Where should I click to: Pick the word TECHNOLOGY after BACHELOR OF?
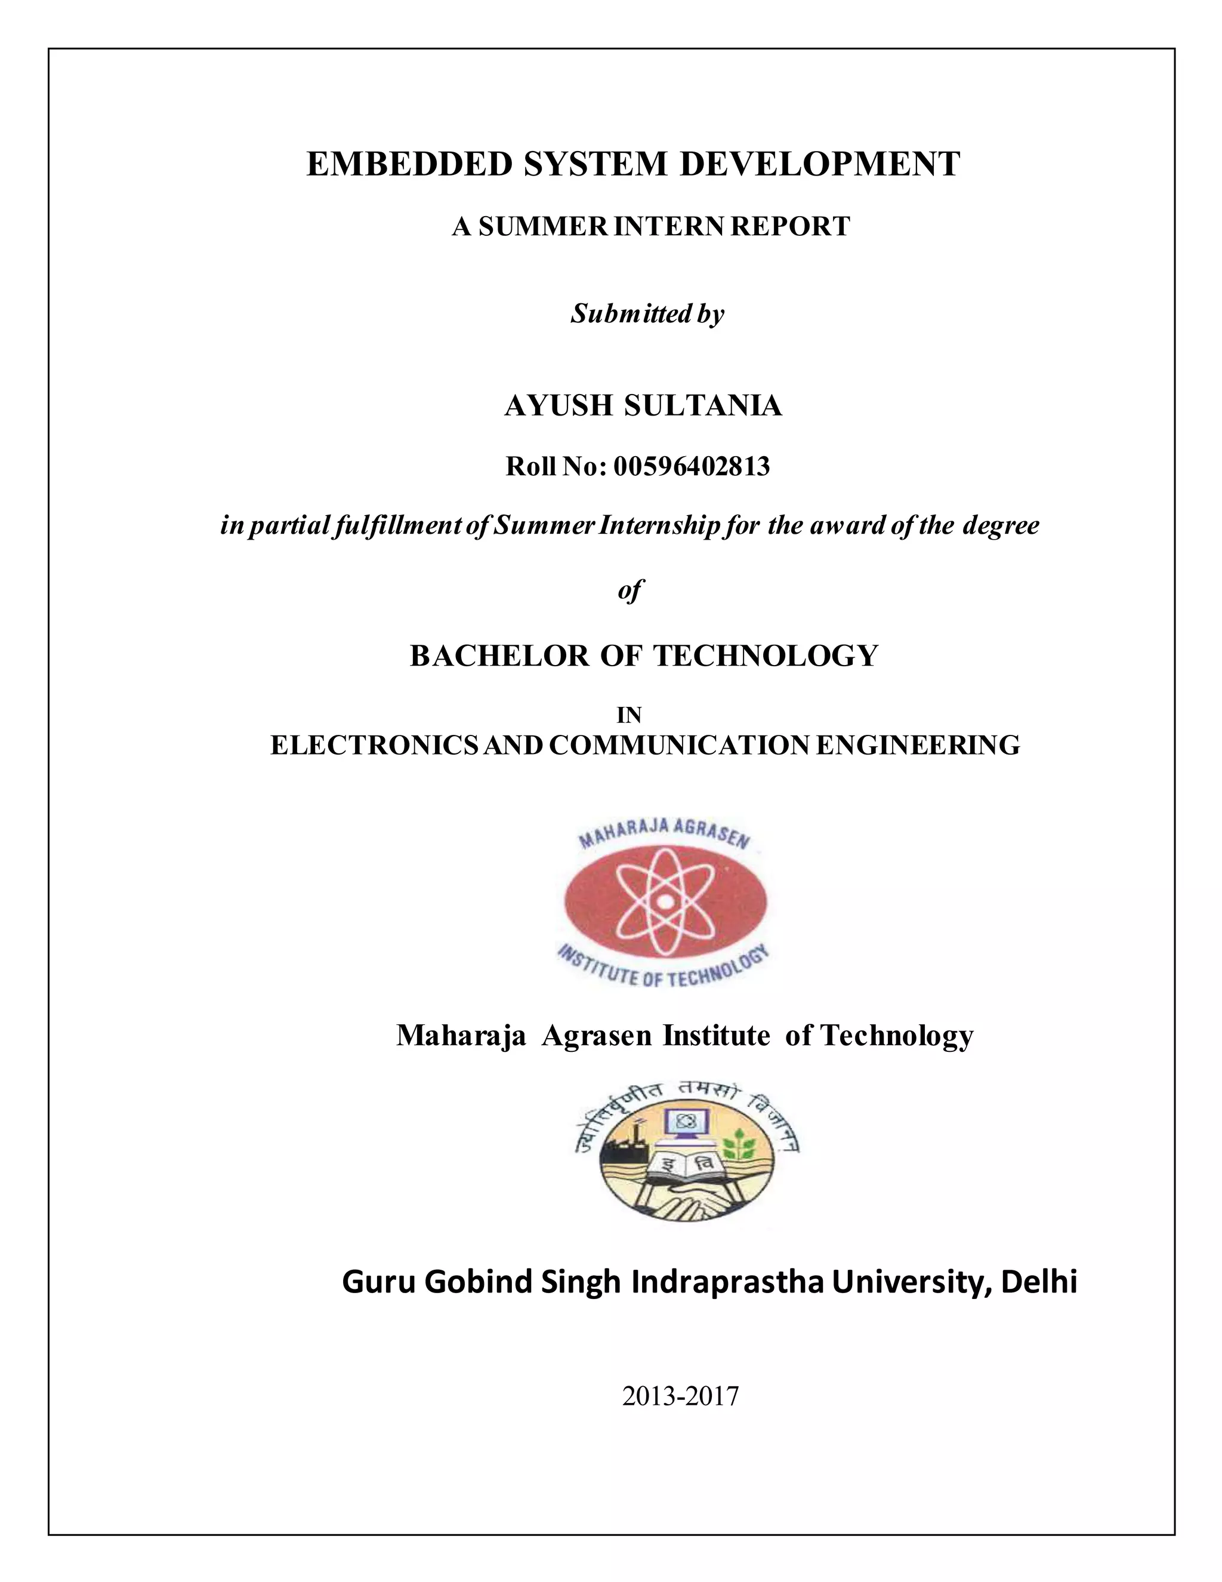pos(766,655)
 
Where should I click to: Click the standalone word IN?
pos(629,715)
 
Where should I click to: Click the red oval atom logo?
pos(665,900)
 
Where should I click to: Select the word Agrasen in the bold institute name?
pos(597,1036)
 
